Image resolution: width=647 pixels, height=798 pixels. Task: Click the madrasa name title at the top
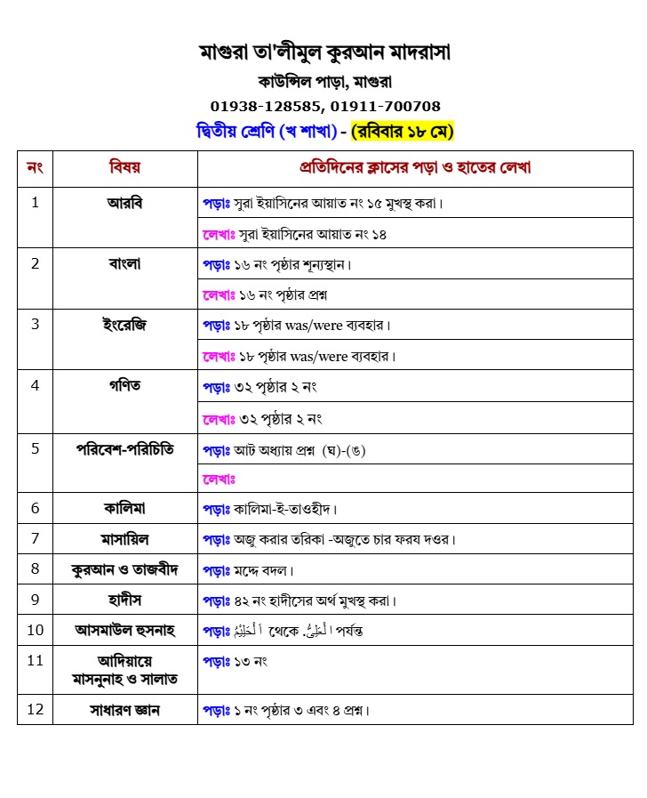[325, 53]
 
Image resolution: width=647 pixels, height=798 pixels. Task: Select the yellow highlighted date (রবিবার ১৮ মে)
[403, 132]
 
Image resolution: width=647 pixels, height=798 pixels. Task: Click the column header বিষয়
[124, 167]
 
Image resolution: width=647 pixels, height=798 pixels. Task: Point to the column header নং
[36, 167]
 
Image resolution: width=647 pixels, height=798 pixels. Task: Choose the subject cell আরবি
[124, 202]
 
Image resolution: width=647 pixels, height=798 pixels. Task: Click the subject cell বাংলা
[124, 263]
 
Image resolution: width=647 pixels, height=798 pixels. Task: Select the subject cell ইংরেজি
[124, 324]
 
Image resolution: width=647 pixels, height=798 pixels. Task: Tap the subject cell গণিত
[124, 385]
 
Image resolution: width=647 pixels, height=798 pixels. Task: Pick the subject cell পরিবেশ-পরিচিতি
[124, 448]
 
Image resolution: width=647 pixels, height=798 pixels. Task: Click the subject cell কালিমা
[124, 508]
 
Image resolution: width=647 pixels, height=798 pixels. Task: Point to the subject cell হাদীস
[124, 600]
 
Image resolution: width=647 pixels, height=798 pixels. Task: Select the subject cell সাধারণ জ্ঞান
[124, 710]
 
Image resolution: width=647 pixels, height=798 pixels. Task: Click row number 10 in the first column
[36, 630]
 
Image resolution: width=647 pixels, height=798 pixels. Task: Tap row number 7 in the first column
[36, 538]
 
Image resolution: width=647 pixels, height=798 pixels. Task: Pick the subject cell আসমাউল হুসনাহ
[124, 630]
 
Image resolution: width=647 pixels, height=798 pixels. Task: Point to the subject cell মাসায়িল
[124, 538]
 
